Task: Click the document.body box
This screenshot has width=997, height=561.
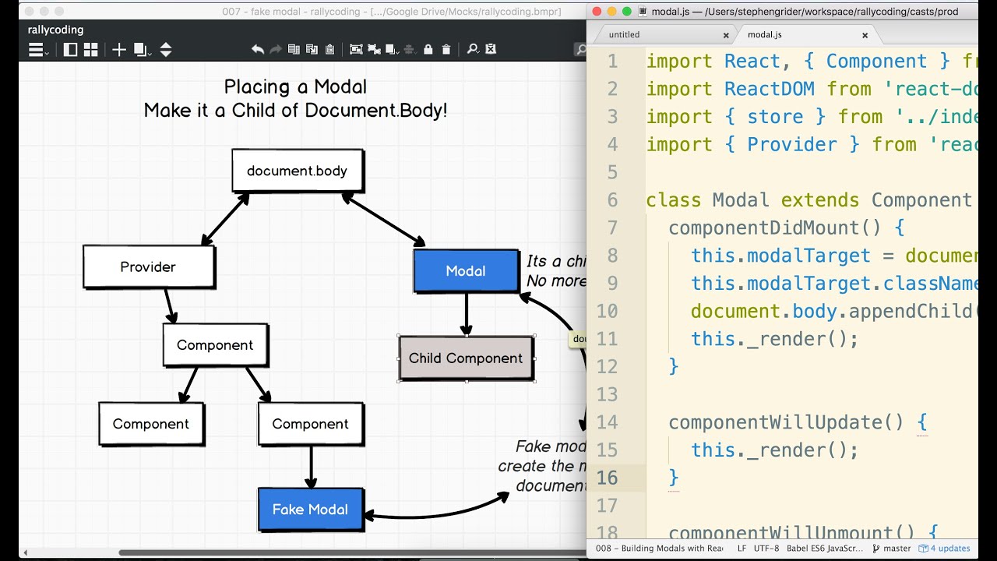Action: pyautogui.click(x=297, y=171)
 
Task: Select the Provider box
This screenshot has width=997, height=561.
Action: pyautogui.click(x=148, y=266)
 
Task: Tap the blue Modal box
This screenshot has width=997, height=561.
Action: pyautogui.click(x=466, y=270)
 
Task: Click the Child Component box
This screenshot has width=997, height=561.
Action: pyautogui.click(x=466, y=358)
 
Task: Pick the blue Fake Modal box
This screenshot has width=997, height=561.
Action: pyautogui.click(x=310, y=510)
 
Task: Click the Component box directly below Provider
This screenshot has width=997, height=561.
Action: pyautogui.click(x=215, y=345)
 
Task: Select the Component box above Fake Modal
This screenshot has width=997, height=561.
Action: pyautogui.click(x=310, y=424)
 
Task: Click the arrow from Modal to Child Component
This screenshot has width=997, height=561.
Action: pyautogui.click(x=466, y=314)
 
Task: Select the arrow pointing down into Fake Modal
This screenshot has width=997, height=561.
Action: pyautogui.click(x=311, y=467)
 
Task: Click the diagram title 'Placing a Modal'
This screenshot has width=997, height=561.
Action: pyautogui.click(x=295, y=86)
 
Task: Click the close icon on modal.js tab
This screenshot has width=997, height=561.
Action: pyautogui.click(x=865, y=35)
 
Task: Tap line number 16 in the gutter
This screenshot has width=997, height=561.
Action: pyautogui.click(x=607, y=478)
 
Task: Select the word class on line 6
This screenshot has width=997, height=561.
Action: pyautogui.click(x=674, y=200)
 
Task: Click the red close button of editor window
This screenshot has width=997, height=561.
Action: pyautogui.click(x=597, y=12)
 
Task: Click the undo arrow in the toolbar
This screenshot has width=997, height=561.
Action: pyautogui.click(x=258, y=49)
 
